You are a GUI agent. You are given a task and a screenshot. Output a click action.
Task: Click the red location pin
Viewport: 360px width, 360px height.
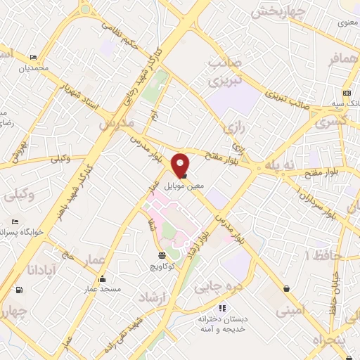click(181, 165)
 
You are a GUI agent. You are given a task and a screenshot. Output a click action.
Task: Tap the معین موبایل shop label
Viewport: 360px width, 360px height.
click(184, 186)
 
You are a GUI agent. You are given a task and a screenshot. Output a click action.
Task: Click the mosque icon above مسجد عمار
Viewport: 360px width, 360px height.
click(102, 278)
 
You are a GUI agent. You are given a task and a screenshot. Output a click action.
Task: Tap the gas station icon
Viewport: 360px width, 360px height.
click(18, 290)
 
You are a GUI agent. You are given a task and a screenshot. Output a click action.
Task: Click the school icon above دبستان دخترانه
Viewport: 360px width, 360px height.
click(222, 307)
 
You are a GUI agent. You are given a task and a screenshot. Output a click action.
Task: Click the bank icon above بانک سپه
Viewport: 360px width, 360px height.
click(347, 94)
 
